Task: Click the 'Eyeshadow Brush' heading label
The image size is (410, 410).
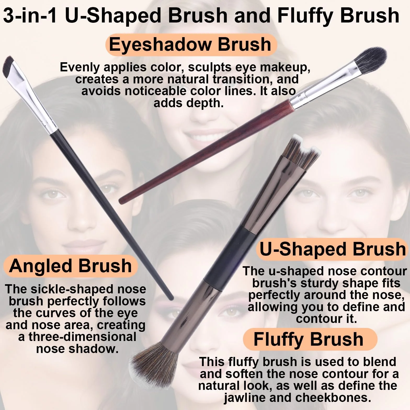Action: pyautogui.click(x=190, y=44)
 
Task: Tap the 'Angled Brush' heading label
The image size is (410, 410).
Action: pyautogui.click(x=71, y=266)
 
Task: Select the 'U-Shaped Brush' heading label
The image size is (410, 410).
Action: pyautogui.click(x=332, y=249)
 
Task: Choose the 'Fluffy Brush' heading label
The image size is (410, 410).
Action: pyautogui.click(x=309, y=339)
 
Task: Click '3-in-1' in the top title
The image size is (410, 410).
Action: pyautogui.click(x=30, y=15)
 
